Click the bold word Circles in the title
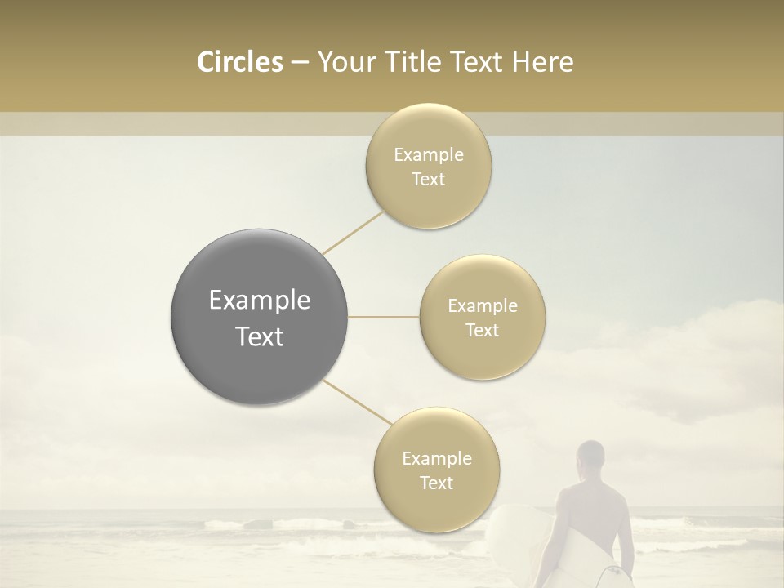239,62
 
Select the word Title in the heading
414,62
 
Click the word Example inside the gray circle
260,301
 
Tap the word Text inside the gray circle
260,336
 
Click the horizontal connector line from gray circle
384,317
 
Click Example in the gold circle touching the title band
428,154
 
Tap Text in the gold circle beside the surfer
436,483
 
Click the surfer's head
590,458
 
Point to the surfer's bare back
591,514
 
